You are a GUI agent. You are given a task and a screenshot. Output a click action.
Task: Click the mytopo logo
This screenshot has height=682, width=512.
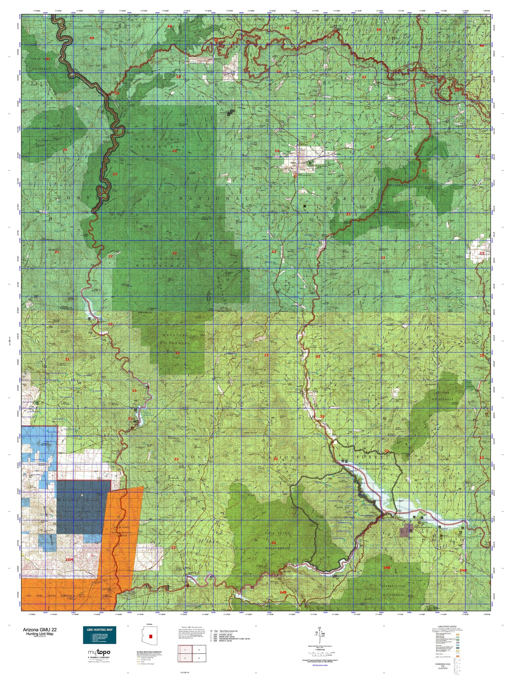(x=99, y=652)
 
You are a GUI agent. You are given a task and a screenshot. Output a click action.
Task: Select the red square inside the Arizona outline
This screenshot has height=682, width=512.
(x=151, y=636)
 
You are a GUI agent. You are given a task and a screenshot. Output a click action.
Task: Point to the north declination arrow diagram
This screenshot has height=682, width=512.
(x=319, y=634)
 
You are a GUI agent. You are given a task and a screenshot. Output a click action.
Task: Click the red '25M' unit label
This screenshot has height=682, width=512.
(x=69, y=560)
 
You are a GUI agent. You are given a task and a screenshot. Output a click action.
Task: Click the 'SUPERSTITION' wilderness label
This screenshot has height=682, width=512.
(x=393, y=586)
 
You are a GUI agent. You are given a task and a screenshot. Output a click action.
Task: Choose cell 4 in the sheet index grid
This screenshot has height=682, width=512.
(x=199, y=659)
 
